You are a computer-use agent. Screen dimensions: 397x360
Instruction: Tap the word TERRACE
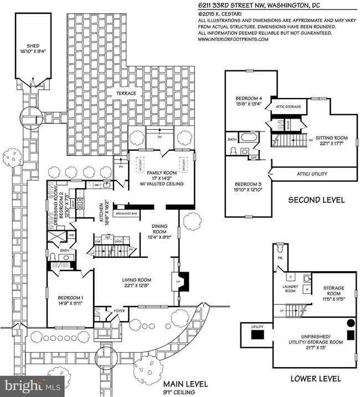click(x=126, y=94)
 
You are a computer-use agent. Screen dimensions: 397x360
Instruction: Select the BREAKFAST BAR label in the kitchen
click(x=126, y=213)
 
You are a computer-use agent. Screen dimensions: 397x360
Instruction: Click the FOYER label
click(x=119, y=311)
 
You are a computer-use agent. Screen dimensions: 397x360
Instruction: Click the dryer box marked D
click(x=291, y=276)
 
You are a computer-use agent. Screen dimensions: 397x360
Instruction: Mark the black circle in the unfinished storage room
click(x=350, y=323)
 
